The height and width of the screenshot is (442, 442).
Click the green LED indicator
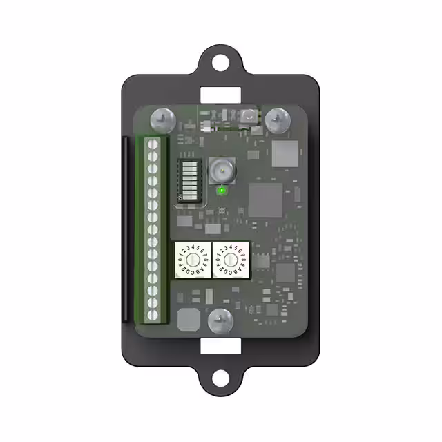(222, 189)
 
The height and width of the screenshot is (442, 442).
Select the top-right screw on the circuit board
(277, 118)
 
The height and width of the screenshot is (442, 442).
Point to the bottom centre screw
(221, 318)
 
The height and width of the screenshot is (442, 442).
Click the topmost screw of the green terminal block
(154, 146)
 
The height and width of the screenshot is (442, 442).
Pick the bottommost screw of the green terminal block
(154, 315)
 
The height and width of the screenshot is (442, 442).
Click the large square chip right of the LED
(265, 200)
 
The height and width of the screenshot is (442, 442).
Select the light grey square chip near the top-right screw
(284, 153)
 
